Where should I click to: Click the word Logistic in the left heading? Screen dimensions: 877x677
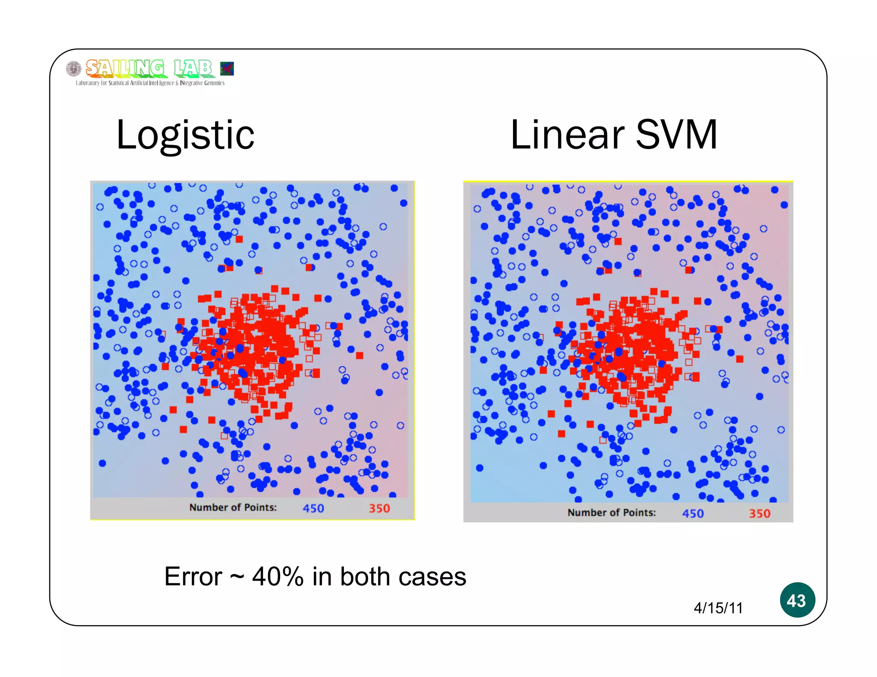[x=185, y=135]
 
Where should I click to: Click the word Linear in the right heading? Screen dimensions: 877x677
[x=567, y=135]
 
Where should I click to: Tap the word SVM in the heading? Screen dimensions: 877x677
[x=677, y=135]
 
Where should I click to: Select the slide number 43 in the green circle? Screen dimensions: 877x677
[x=796, y=600]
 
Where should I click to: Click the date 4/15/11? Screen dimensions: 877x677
[x=718, y=608]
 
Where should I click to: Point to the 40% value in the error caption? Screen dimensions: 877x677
[x=277, y=577]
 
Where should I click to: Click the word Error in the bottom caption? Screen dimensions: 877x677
[x=193, y=577]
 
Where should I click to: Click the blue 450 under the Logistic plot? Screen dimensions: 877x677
[x=313, y=508]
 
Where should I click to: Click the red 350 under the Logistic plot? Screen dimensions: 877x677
[x=379, y=508]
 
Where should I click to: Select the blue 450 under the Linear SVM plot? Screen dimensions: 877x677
[x=692, y=514]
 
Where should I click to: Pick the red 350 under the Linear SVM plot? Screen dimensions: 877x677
[x=759, y=514]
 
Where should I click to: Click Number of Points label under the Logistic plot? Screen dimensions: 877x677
[x=233, y=508]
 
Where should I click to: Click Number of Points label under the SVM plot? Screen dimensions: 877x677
[x=612, y=513]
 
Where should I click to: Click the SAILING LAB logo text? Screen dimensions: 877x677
[x=149, y=68]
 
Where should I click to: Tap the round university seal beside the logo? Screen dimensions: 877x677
[x=74, y=68]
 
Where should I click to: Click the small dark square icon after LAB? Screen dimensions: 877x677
[x=227, y=68]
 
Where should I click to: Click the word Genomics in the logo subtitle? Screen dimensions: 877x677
[x=214, y=83]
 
